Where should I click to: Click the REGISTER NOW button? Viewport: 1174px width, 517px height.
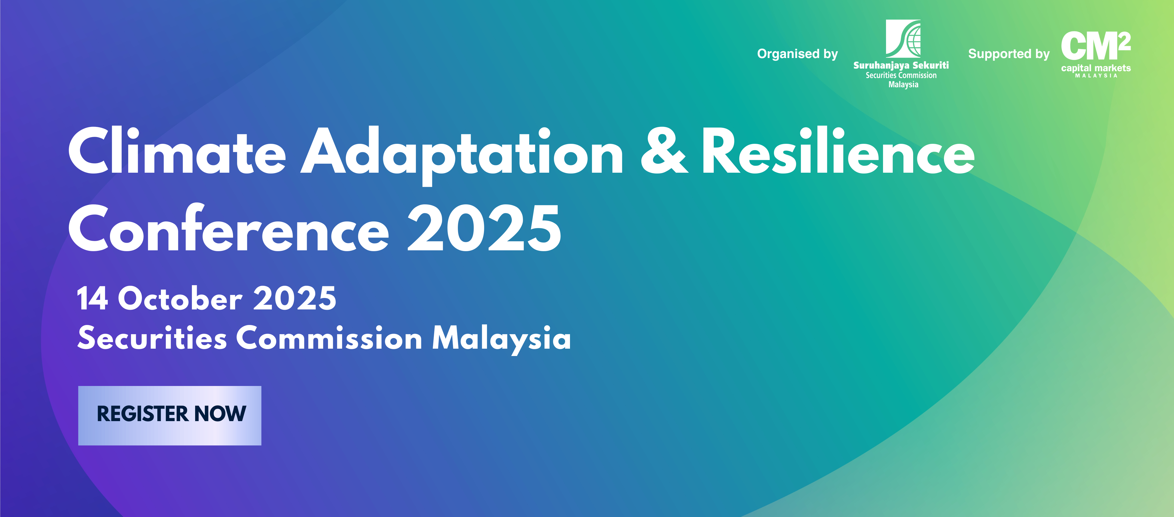pyautogui.click(x=170, y=415)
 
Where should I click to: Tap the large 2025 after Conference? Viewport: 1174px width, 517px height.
pyautogui.click(x=484, y=229)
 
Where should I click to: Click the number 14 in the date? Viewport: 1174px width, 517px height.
pyautogui.click(x=93, y=298)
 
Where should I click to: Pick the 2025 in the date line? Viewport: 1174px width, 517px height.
pyautogui.click(x=295, y=298)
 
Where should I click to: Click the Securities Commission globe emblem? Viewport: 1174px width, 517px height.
pyautogui.click(x=903, y=38)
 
